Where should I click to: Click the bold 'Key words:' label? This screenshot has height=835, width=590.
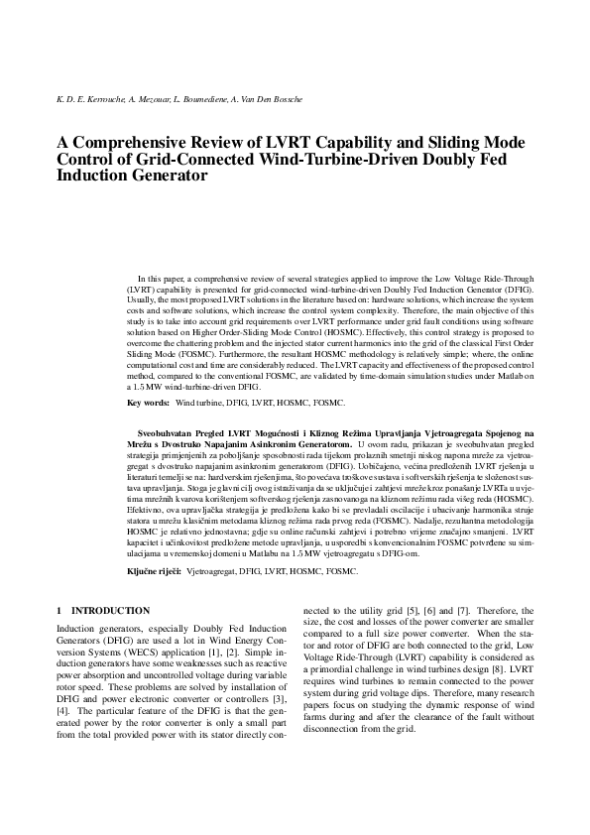tap(148, 405)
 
